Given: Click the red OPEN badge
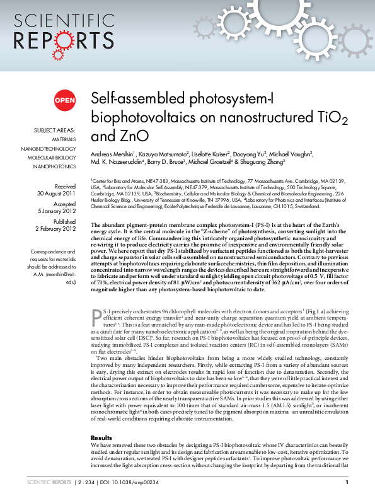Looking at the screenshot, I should coord(64,100).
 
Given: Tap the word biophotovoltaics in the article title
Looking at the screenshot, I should coord(144,117).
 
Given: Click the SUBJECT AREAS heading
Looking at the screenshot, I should coord(55,130).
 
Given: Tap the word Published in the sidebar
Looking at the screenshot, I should coord(64,221).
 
